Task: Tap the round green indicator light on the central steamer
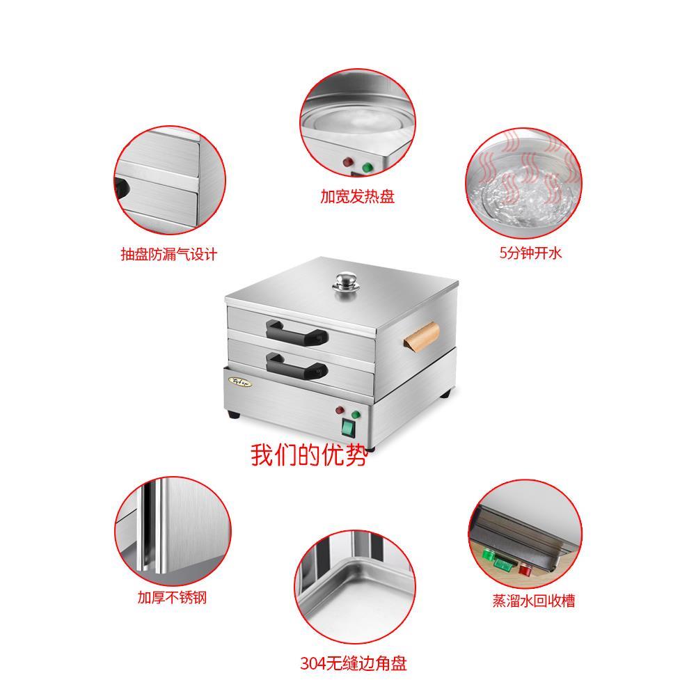point(356,416)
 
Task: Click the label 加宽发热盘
point(357,197)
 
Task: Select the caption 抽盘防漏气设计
point(168,254)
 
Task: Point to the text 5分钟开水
point(530,253)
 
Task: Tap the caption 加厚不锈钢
point(171,597)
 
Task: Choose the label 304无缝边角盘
point(353,663)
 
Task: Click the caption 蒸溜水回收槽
point(534,601)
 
